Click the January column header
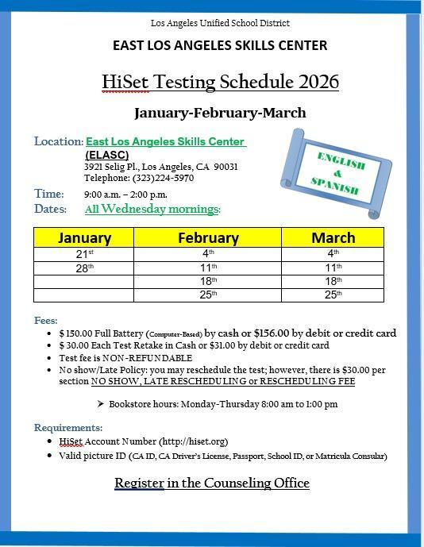(84, 237)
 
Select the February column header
(208, 237)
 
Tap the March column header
(333, 237)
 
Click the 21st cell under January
(84, 254)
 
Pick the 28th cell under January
(84, 268)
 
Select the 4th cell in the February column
(208, 254)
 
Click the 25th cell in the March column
(333, 295)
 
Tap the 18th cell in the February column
(208, 281)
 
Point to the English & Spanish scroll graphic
(338, 172)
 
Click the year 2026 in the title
(317, 82)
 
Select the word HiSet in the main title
(128, 82)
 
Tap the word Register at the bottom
(139, 483)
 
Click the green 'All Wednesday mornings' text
(152, 210)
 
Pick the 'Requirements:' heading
(67, 427)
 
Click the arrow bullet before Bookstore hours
(100, 404)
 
